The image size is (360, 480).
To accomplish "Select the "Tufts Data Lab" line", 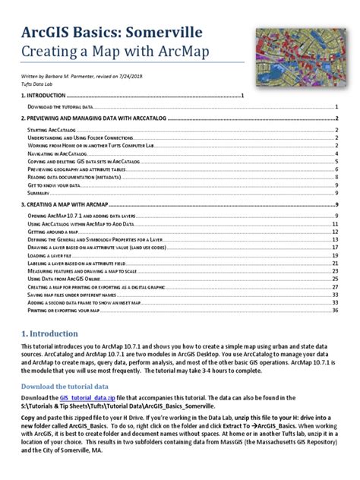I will point(36,84).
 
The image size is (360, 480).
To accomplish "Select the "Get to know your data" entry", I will point(54,185).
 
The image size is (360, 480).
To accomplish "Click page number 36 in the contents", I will point(335,310).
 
